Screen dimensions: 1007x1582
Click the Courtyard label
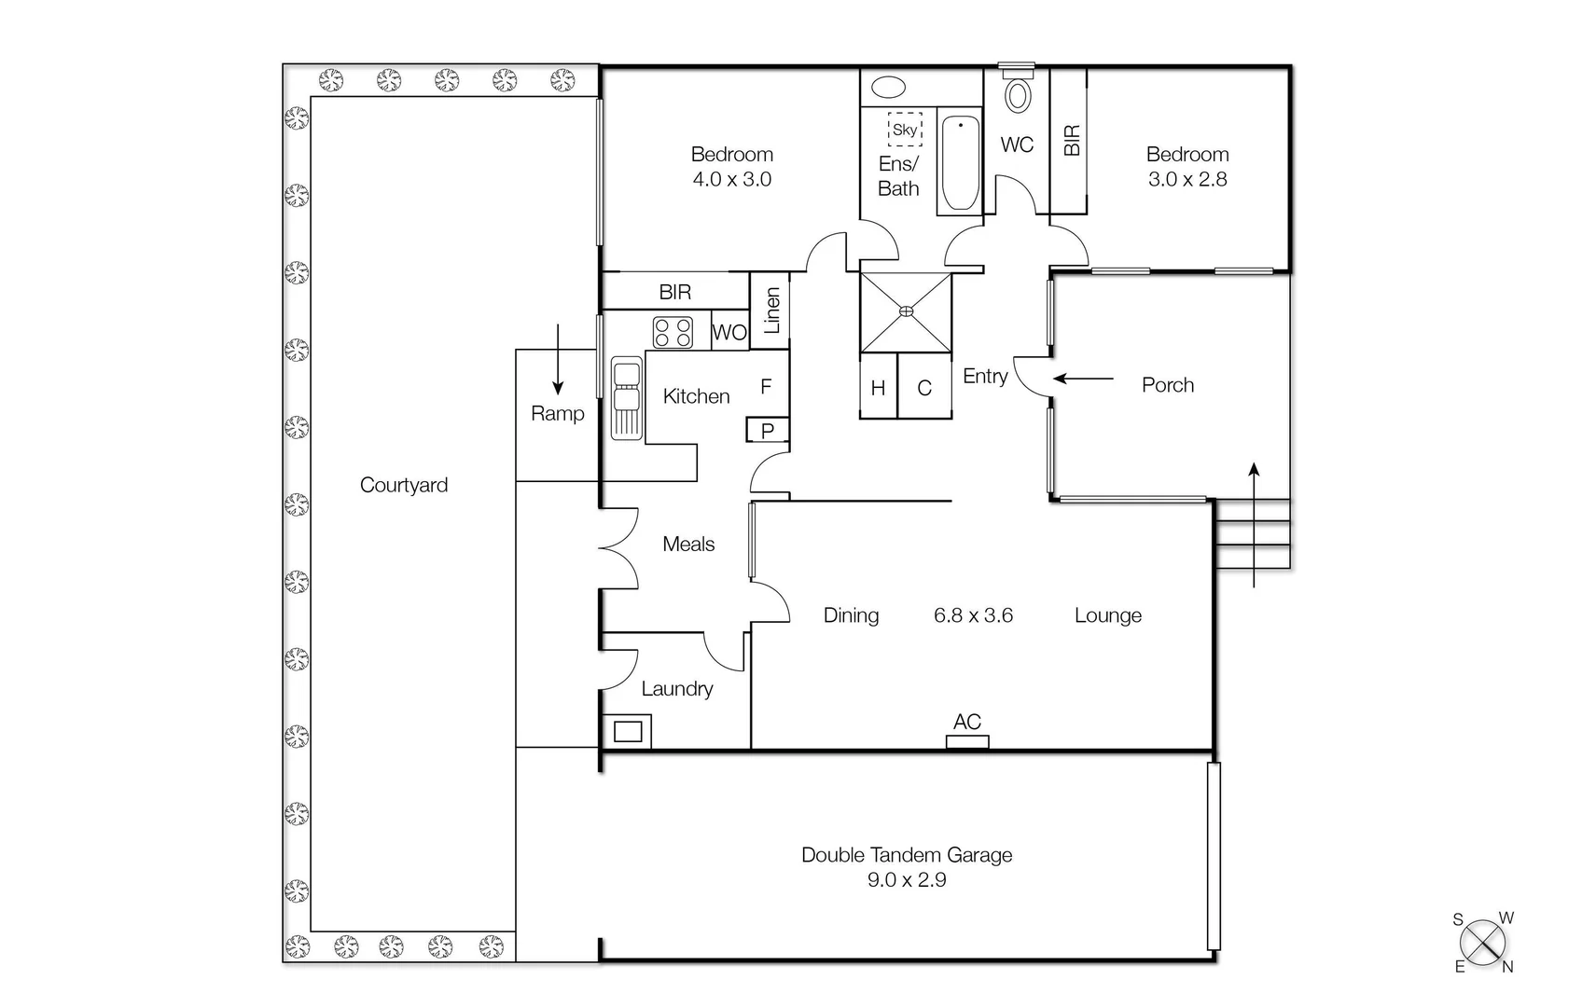[x=403, y=485]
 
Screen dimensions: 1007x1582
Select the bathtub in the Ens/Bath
[x=960, y=163]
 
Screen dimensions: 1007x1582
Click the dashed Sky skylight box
[x=905, y=130]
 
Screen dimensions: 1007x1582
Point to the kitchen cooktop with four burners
[x=673, y=332]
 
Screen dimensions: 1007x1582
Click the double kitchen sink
[x=626, y=397]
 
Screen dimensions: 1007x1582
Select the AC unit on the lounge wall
[x=967, y=741]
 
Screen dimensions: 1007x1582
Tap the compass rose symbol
[x=1482, y=943]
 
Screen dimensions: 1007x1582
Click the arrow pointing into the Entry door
[x=1084, y=379]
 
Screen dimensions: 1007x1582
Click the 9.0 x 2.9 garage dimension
[x=907, y=879]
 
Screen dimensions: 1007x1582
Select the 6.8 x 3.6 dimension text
[x=973, y=615]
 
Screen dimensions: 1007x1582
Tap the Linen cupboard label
[x=771, y=310]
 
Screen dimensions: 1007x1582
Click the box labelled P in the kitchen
[x=768, y=430]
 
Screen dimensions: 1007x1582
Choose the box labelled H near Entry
[x=878, y=387]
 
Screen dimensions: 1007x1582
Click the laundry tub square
[x=628, y=731]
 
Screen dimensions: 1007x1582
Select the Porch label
[x=1167, y=385]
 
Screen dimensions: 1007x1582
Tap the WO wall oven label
[x=729, y=333]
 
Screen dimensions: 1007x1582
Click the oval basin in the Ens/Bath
[x=888, y=89]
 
